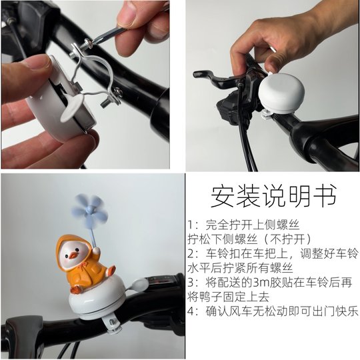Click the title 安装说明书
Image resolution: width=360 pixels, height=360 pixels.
[x=273, y=195]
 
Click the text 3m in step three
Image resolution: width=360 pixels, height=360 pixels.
[x=259, y=282]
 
